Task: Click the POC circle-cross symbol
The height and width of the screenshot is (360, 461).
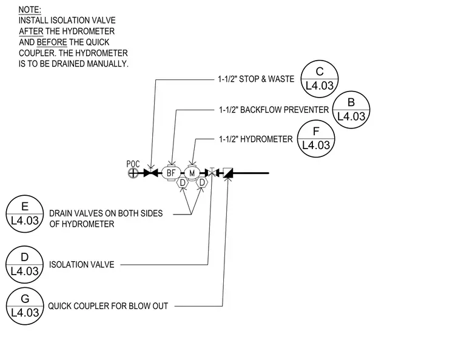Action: pyautogui.click(x=133, y=173)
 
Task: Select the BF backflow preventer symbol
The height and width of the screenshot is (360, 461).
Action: pyautogui.click(x=171, y=173)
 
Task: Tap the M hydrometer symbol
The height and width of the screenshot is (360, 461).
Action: pyautogui.click(x=192, y=173)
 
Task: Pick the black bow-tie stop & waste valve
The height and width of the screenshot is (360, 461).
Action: pyautogui.click(x=151, y=173)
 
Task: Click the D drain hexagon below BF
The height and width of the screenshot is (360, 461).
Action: pyautogui.click(x=183, y=182)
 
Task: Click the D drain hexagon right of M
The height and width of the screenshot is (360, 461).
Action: pyautogui.click(x=202, y=182)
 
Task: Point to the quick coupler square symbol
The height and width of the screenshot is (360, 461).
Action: pyautogui.click(x=228, y=173)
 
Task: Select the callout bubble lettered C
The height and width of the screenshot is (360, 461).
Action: pyautogui.click(x=320, y=79)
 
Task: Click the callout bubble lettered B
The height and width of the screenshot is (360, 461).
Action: pyautogui.click(x=351, y=110)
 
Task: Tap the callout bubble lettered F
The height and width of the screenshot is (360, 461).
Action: pyautogui.click(x=316, y=138)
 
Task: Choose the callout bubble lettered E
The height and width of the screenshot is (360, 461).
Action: pyautogui.click(x=25, y=214)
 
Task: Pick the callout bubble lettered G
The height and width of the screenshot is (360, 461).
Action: pyautogui.click(x=25, y=306)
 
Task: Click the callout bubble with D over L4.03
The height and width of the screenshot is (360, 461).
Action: pyautogui.click(x=25, y=264)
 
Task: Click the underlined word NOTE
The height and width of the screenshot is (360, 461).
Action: pyautogui.click(x=30, y=10)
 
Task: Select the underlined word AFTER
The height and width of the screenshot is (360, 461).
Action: pyautogui.click(x=31, y=32)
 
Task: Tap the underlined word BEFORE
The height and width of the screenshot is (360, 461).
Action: pyautogui.click(x=52, y=42)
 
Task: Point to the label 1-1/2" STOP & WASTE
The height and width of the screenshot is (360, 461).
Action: pyautogui.click(x=256, y=79)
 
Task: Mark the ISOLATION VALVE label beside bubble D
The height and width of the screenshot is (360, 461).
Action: pyautogui.click(x=82, y=265)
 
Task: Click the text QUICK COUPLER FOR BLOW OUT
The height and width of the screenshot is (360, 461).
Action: pyautogui.click(x=108, y=306)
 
